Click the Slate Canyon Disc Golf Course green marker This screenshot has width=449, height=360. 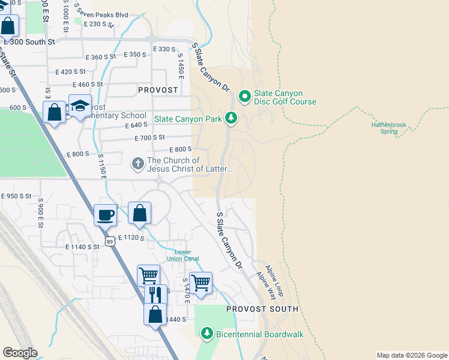point(245,96)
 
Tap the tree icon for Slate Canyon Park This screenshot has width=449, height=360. point(231,118)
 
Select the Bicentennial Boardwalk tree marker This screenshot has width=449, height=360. point(207,332)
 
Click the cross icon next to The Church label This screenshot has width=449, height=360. point(137,163)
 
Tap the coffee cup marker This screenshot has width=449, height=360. point(106,215)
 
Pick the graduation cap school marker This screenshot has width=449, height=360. point(79,106)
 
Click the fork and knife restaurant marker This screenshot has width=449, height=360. point(155,294)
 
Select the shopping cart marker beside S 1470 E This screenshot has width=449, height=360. point(200,281)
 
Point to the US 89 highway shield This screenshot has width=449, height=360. point(109,241)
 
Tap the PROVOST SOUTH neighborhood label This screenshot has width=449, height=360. point(262,309)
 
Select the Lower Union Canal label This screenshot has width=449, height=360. point(182,255)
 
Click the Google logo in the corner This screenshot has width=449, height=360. point(20,353)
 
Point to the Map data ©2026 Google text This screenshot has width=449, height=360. point(411,355)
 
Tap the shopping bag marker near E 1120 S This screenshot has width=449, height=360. point(139,213)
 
